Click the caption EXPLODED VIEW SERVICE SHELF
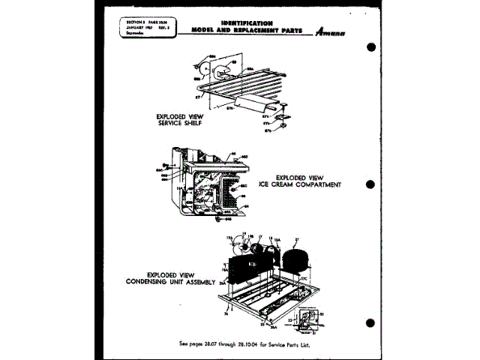pos(180,120)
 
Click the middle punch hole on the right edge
pos(370,182)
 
